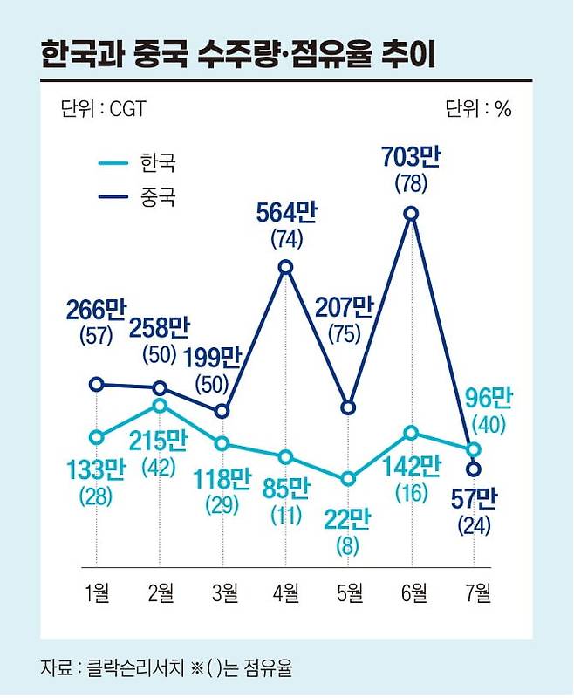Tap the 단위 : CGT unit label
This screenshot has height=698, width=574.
(x=104, y=109)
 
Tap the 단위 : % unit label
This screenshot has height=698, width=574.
(x=478, y=109)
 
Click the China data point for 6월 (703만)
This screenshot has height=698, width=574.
(x=411, y=213)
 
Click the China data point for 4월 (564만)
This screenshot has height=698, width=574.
(x=285, y=267)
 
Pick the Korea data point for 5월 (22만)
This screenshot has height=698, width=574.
(x=348, y=479)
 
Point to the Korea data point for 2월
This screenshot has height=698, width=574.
(x=160, y=405)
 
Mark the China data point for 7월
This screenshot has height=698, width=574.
(x=474, y=469)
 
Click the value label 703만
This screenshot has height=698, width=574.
(x=411, y=158)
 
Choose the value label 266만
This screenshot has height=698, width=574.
(x=96, y=310)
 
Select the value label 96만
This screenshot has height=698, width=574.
(x=485, y=398)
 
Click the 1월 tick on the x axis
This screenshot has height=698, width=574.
(x=98, y=595)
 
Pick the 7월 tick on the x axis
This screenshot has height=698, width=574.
(x=475, y=595)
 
